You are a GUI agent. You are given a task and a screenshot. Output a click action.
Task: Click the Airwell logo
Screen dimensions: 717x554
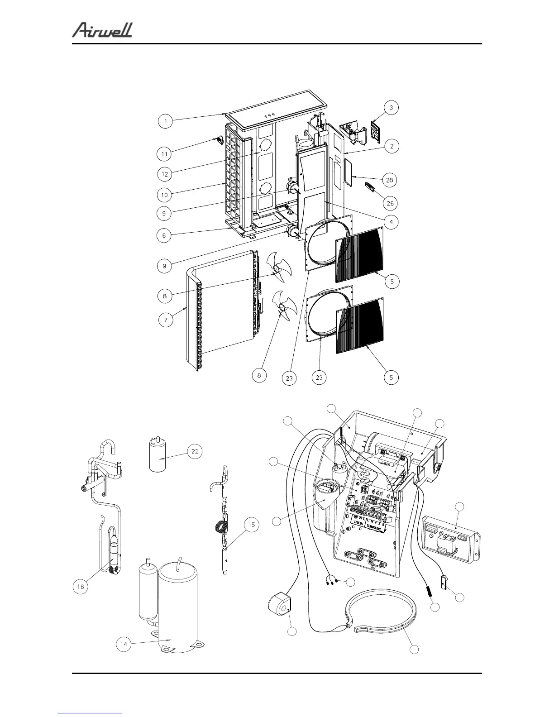102,30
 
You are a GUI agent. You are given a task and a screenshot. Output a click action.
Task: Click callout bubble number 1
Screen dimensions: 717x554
166,121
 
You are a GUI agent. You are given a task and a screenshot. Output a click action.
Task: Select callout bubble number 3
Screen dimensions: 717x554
392,108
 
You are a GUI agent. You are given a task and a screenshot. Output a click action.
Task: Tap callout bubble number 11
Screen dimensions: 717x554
165,154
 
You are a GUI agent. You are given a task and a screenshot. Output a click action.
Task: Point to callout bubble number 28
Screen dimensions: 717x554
389,180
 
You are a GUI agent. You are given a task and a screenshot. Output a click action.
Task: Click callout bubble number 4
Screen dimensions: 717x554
391,222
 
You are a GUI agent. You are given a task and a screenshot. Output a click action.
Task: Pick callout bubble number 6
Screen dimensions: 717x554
164,235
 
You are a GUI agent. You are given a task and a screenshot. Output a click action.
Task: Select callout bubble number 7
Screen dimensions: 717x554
166,320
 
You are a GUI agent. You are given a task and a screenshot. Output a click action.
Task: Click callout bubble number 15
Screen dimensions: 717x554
252,525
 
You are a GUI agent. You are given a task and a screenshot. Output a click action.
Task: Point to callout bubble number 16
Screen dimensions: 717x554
81,587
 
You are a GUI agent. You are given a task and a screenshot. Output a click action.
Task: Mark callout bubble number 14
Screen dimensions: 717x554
124,644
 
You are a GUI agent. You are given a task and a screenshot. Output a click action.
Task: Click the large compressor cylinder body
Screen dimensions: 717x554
177,607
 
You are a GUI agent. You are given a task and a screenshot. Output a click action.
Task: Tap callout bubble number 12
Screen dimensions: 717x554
165,174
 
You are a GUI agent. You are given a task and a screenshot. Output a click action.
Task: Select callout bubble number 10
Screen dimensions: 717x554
165,195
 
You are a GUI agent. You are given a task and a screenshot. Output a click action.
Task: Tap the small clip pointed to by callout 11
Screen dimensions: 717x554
220,140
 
